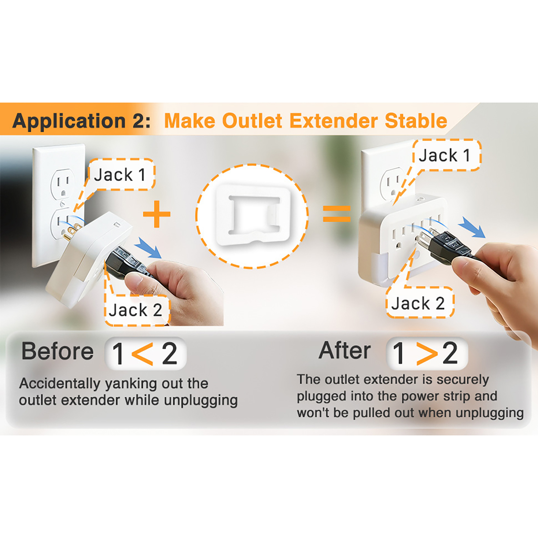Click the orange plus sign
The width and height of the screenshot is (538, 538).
pyautogui.click(x=157, y=214)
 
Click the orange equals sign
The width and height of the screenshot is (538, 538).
pyautogui.click(x=337, y=214)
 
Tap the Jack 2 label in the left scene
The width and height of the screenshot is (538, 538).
pyautogui.click(x=137, y=310)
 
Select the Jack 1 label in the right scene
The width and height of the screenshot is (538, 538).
pyautogui.click(x=446, y=155)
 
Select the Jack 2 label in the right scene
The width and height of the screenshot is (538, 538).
pyautogui.click(x=419, y=303)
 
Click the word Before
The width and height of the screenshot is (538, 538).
pyautogui.click(x=57, y=351)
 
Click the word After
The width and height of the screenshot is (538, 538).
pyautogui.click(x=345, y=350)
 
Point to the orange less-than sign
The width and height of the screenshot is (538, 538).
pyautogui.click(x=142, y=354)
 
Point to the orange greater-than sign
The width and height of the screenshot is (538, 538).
pyautogui.click(x=427, y=353)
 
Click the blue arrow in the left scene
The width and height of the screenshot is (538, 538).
pyautogui.click(x=148, y=247)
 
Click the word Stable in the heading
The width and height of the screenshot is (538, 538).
pyautogui.click(x=416, y=121)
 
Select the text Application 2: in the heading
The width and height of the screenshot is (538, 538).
pyautogui.click(x=81, y=121)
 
